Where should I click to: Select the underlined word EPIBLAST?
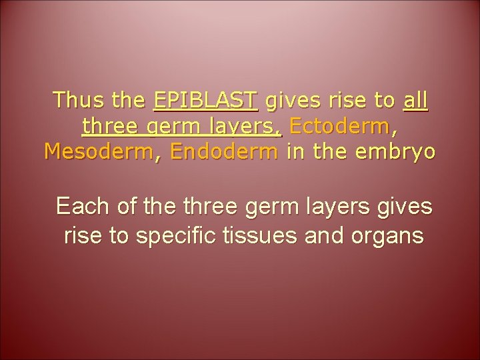205,101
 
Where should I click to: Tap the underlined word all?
416,101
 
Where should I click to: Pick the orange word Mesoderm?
94,151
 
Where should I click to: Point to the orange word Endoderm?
223,151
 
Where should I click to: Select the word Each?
81,207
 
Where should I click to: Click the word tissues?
276,236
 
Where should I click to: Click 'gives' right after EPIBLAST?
292,101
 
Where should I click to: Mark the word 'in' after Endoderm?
293,151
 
